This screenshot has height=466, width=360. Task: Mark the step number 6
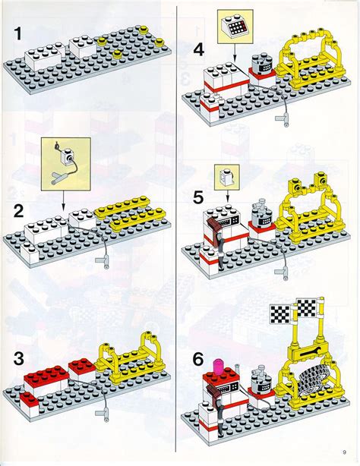point(198,357)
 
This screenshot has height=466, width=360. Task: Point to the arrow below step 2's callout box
point(64,199)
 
